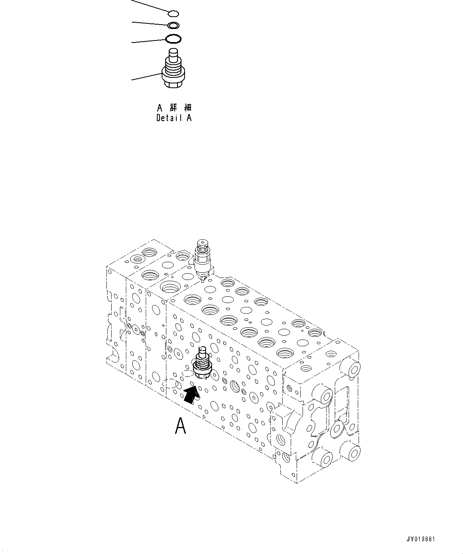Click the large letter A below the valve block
click(181, 426)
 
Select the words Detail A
click(174, 118)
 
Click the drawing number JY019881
click(421, 539)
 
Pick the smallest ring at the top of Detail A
click(174, 14)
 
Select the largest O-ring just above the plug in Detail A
click(173, 39)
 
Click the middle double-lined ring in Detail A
click(173, 26)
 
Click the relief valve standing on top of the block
click(203, 260)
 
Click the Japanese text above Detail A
click(174, 108)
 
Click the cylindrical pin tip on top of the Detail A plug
click(174, 53)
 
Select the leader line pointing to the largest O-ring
click(148, 41)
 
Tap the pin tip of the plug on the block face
click(202, 351)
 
